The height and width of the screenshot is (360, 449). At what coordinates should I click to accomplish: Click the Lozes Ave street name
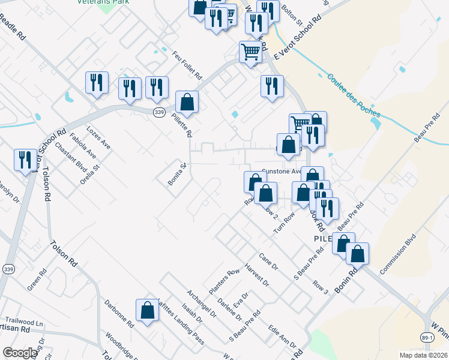[x=98, y=137]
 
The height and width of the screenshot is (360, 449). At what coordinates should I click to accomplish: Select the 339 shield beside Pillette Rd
[x=158, y=112]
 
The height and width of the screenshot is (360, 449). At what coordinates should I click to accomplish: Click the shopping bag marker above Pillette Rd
[x=187, y=103]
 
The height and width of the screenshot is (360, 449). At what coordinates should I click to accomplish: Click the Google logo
[x=20, y=353]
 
